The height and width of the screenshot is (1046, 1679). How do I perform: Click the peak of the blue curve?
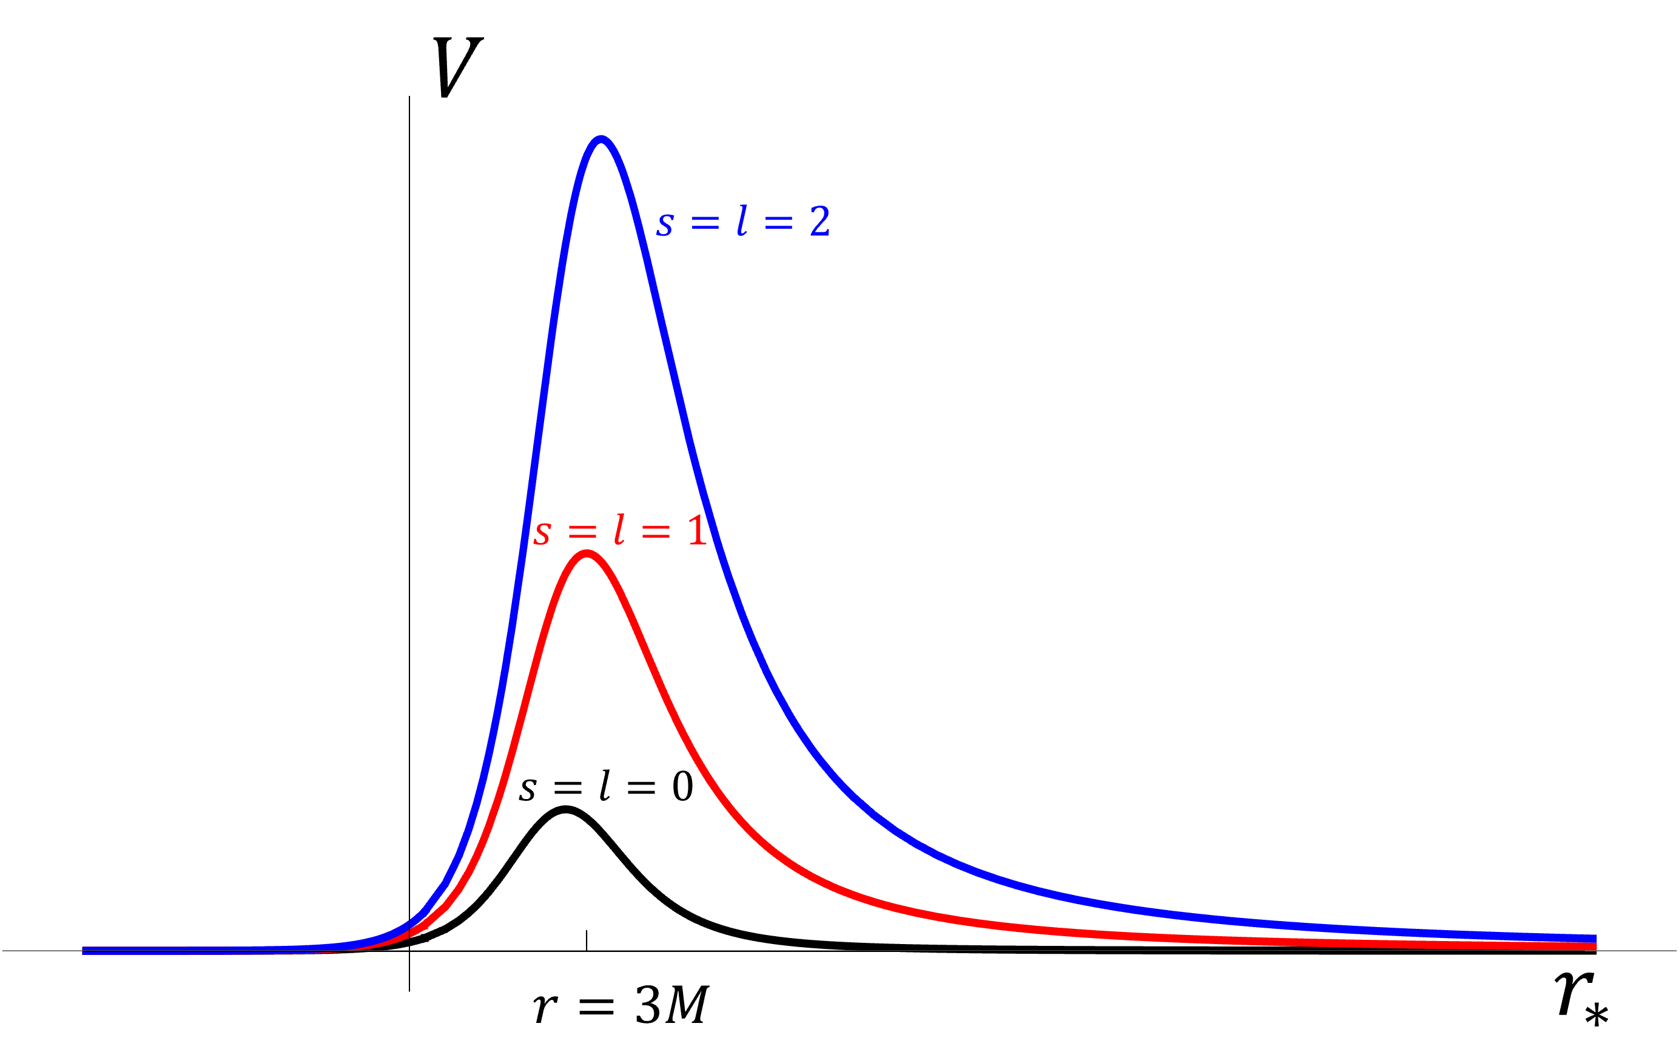click(x=601, y=140)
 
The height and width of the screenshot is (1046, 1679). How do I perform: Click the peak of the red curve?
click(x=587, y=554)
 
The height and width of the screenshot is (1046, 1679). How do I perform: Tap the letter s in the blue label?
click(x=665, y=224)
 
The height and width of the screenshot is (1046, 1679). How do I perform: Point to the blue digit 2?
click(x=819, y=221)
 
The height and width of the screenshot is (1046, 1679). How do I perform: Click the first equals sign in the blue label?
click(x=705, y=223)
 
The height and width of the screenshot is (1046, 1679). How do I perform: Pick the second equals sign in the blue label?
click(x=779, y=223)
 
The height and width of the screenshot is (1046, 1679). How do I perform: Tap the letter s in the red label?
click(x=542, y=533)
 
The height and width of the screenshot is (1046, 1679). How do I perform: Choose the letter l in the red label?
click(x=619, y=530)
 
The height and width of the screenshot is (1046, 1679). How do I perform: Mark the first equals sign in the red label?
click(x=582, y=531)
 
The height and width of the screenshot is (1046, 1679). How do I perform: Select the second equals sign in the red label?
click(x=656, y=531)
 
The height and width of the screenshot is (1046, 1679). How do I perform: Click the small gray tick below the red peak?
click(x=587, y=941)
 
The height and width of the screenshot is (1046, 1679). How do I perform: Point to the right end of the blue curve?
click(x=1595, y=938)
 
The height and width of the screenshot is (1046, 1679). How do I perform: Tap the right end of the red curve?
click(x=1595, y=946)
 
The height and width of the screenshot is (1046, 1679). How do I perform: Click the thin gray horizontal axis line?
click(x=1037, y=951)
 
